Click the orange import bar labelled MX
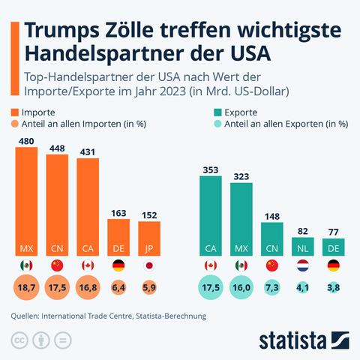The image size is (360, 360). click(26, 201)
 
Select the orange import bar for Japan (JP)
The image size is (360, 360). click(149, 238)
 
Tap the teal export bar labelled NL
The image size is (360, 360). click(303, 247)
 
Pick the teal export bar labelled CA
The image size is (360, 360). click(211, 216)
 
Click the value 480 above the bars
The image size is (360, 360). click(26, 141)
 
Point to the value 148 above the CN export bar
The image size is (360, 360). click(272, 216)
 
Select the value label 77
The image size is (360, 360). click(334, 232)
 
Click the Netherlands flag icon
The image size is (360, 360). click(303, 265)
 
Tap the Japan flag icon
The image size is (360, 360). click(149, 265)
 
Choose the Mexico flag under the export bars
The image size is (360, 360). click(241, 265)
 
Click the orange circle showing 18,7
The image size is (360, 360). click(26, 287)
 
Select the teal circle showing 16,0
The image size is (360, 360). click(241, 287)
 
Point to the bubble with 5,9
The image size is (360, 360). click(149, 287)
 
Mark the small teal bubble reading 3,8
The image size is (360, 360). click(334, 287)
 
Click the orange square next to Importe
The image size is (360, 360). click(15, 112)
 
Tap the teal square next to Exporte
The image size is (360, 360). click(217, 112)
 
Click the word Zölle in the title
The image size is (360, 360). click(130, 31)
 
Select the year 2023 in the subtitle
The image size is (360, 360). click(173, 91)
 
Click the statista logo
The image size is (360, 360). click(304, 340)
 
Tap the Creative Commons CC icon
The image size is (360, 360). click(19, 340)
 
